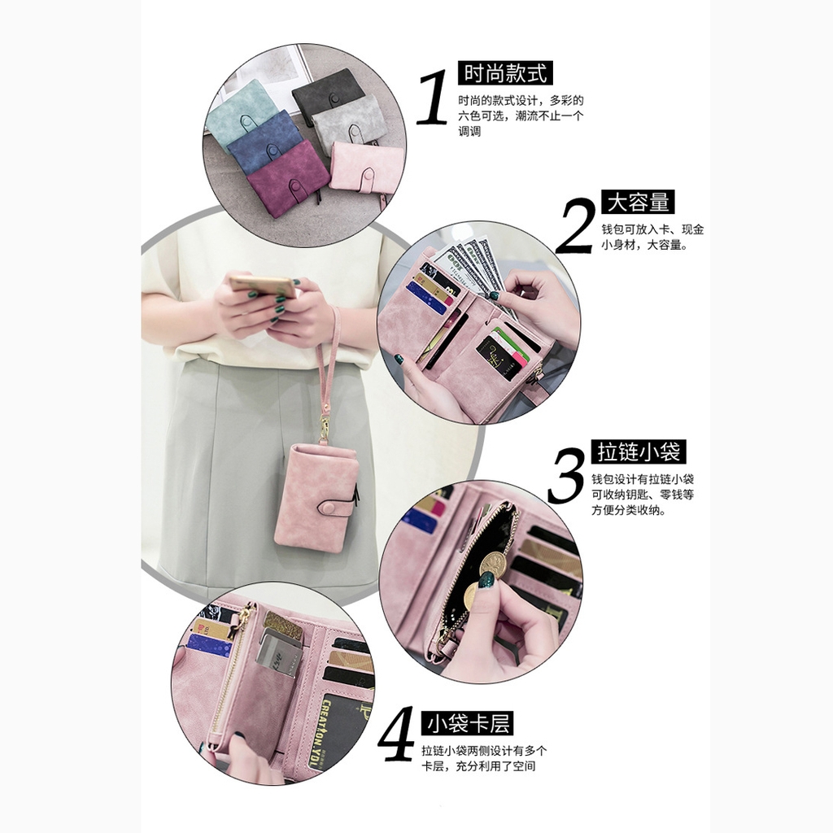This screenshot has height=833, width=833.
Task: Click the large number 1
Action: click(x=433, y=98)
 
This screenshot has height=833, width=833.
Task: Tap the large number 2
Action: click(x=577, y=226)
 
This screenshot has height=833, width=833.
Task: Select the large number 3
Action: click(x=566, y=475)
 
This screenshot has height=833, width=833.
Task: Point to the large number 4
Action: click(x=397, y=732)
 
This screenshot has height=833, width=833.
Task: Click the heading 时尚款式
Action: click(x=505, y=72)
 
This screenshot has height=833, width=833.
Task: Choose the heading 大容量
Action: click(x=638, y=202)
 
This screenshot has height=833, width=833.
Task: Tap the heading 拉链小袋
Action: click(x=639, y=452)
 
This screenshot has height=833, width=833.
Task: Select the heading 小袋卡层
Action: click(x=468, y=723)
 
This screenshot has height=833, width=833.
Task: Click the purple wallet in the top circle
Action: click(x=287, y=178)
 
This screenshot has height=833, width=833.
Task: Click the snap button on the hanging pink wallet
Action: click(x=329, y=508)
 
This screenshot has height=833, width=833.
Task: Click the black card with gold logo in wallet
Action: click(x=496, y=357)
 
